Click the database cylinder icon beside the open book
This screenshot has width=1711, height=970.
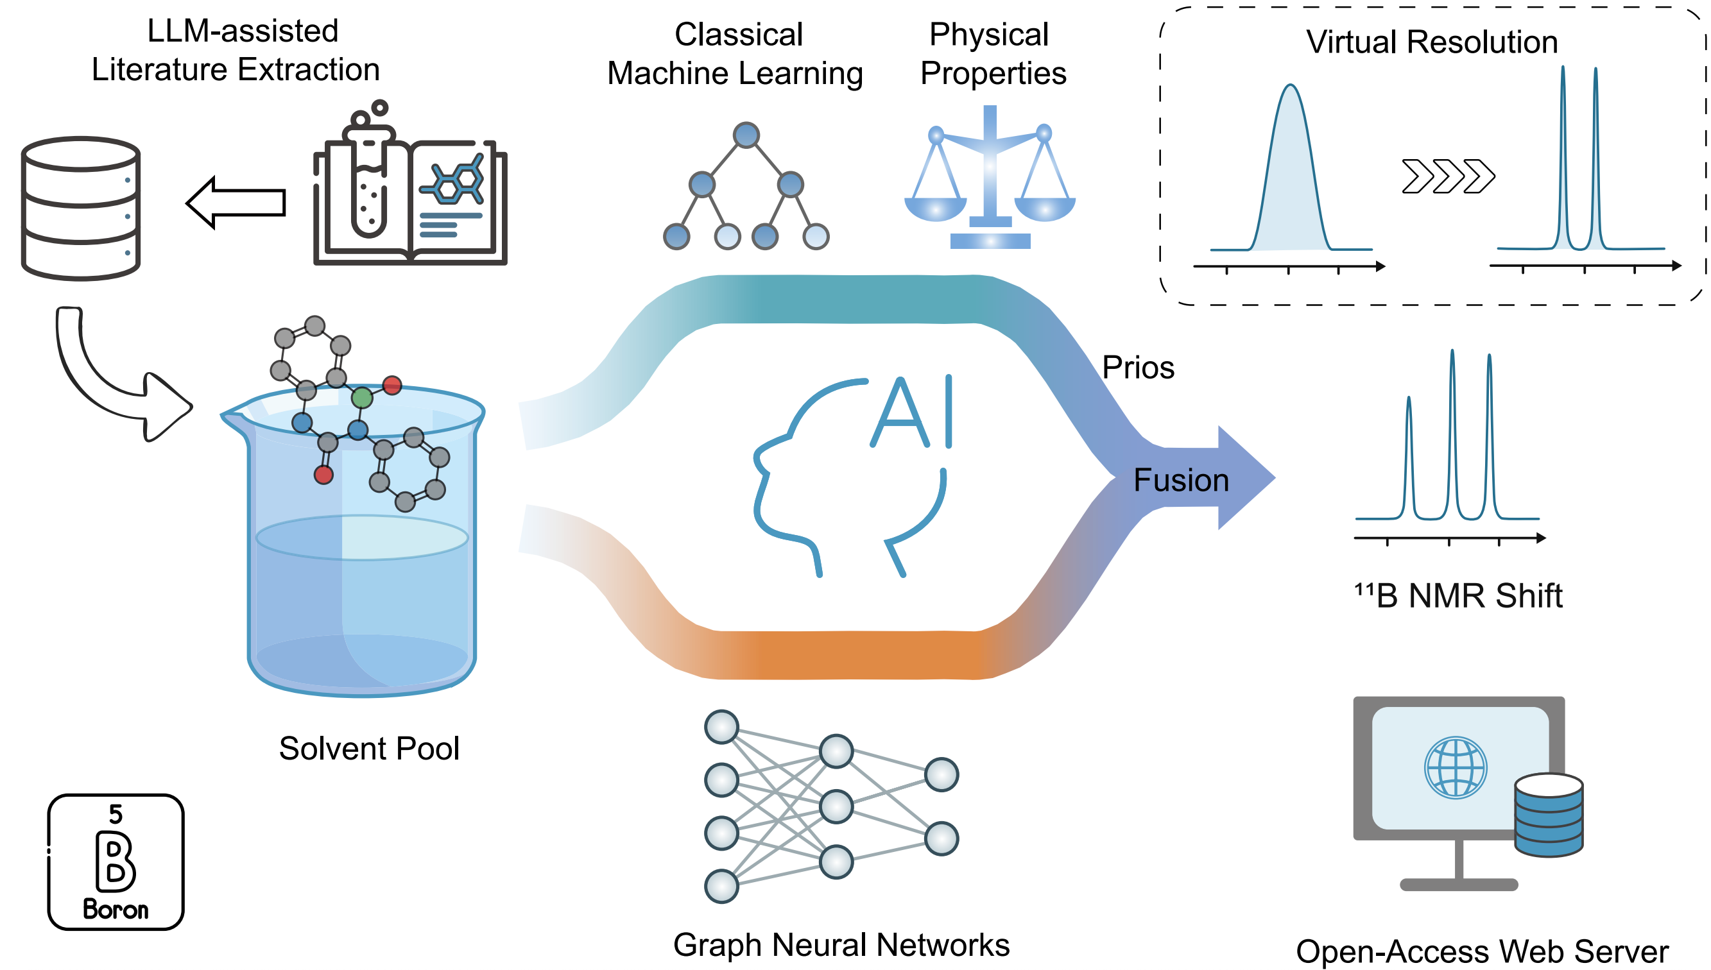81,208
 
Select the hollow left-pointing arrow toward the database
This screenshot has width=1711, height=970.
236,203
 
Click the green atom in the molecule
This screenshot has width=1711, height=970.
362,398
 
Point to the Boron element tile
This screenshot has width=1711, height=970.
116,862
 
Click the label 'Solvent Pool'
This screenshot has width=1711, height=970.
369,748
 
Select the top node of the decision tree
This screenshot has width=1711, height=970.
746,135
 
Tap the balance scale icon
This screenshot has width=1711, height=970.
990,177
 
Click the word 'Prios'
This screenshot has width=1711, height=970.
1138,368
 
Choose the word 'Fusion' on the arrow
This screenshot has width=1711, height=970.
1181,481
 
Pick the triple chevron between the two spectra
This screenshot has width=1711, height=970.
1449,176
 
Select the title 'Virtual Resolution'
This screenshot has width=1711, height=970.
1431,42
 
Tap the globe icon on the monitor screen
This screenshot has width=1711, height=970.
1455,767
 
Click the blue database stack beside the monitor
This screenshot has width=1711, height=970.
1549,814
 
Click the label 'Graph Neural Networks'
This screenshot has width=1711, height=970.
841,945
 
